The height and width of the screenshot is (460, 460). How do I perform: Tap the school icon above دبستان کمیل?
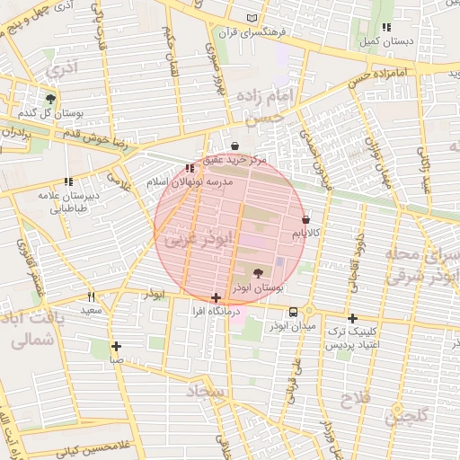pyautogui.click(x=386, y=27)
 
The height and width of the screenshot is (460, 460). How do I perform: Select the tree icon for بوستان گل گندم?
pyautogui.click(x=50, y=99)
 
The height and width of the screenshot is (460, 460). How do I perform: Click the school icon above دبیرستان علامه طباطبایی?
pyautogui.click(x=69, y=182)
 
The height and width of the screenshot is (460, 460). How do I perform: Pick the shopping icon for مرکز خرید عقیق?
pyautogui.click(x=235, y=146)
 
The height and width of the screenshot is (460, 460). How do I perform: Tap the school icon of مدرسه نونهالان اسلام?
pyautogui.click(x=189, y=168)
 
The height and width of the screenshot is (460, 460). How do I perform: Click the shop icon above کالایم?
pyautogui.click(x=306, y=218)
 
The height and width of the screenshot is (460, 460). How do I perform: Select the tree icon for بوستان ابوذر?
pyautogui.click(x=259, y=272)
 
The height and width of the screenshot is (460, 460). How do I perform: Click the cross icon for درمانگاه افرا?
pyautogui.click(x=216, y=296)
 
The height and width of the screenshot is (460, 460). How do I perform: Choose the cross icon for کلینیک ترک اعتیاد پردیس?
pyautogui.click(x=352, y=318)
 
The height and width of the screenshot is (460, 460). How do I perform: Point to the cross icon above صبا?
pyautogui.click(x=117, y=346)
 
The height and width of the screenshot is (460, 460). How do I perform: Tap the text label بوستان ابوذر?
pyautogui.click(x=258, y=288)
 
